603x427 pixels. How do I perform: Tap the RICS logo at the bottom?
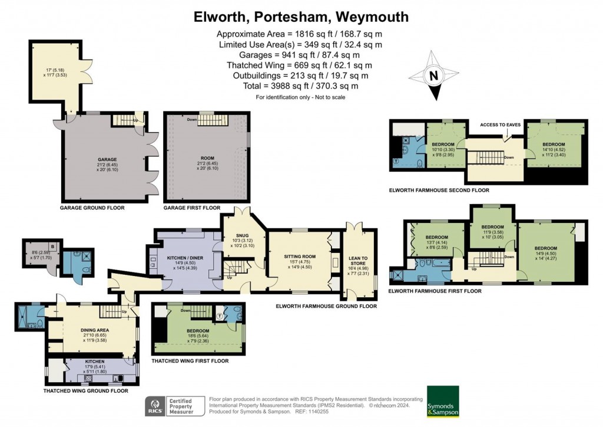pos(155,407)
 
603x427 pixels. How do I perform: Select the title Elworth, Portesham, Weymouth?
pos(301,17)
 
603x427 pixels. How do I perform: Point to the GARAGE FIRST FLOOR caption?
pos(192,208)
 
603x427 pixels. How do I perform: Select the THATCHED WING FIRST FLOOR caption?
pos(190,360)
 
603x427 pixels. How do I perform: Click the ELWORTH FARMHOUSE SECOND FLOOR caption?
pos(439,190)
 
